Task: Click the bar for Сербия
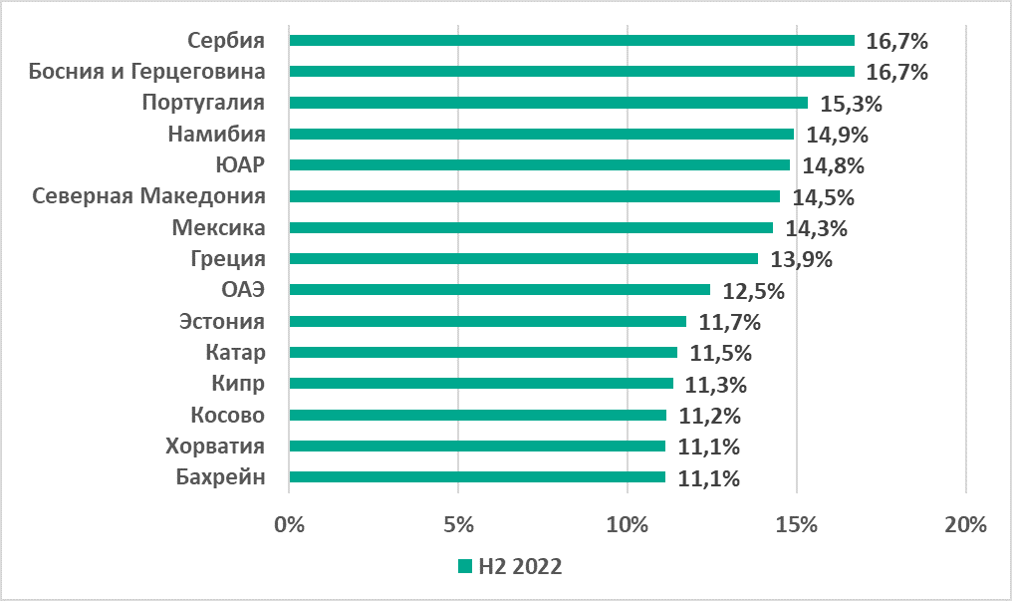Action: (x=572, y=41)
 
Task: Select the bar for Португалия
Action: (x=548, y=103)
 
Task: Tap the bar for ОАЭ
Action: (x=499, y=290)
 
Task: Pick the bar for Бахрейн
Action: (x=477, y=477)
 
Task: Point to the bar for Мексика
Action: (x=531, y=228)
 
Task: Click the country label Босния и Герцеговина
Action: (x=147, y=72)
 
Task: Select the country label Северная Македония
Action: (x=149, y=196)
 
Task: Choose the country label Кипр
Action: (x=238, y=384)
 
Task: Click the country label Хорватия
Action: (x=215, y=447)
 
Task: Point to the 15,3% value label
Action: (x=852, y=104)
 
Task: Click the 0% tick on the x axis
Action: (x=289, y=524)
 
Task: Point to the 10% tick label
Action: (x=628, y=524)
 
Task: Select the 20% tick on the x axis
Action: (x=965, y=524)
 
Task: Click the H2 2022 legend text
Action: (x=520, y=566)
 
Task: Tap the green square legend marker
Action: (x=464, y=566)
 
